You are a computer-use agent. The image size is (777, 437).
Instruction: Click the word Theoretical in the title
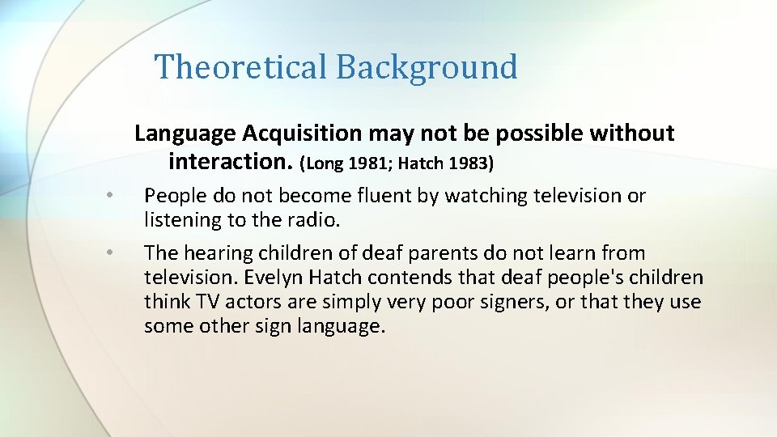[240, 66]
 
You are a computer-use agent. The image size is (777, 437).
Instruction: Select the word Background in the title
[427, 66]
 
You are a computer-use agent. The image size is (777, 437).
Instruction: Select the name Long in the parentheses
[324, 163]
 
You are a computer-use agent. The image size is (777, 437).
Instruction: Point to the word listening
[178, 220]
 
